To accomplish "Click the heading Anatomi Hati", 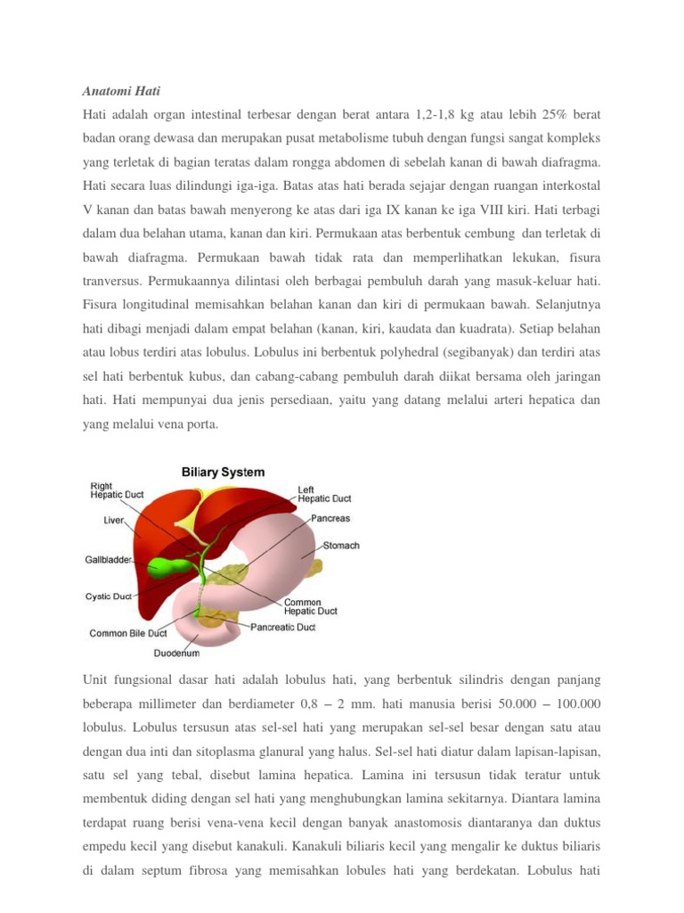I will pyautogui.click(x=121, y=91).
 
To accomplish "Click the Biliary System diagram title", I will pyautogui.click(x=223, y=472).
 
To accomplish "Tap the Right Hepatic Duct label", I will pyautogui.click(x=116, y=490).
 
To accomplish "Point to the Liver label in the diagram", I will pyautogui.click(x=114, y=518).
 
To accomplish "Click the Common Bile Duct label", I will pyautogui.click(x=128, y=633).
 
